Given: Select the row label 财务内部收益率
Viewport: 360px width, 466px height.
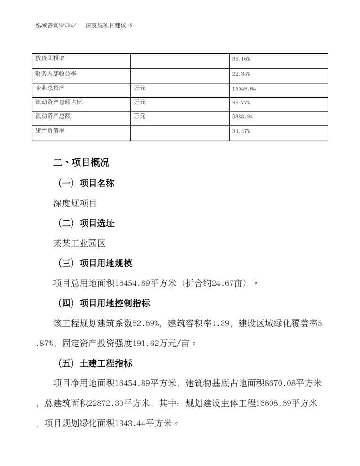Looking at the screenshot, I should [x=56, y=74].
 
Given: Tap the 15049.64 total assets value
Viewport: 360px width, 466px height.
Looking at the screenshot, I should [x=244, y=88].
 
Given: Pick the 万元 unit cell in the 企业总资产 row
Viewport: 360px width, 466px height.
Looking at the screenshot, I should [x=140, y=88].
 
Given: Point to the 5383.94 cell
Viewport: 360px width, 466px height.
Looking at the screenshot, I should [x=242, y=117].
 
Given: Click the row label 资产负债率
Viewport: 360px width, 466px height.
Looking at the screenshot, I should [x=49, y=131].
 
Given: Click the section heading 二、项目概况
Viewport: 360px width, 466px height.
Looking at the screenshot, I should [x=81, y=162].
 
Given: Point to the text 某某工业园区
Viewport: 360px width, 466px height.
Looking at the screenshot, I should [x=80, y=243].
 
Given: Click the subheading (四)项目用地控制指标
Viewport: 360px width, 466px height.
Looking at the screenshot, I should [x=103, y=303].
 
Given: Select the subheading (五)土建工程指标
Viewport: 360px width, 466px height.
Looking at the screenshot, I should [x=94, y=363].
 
